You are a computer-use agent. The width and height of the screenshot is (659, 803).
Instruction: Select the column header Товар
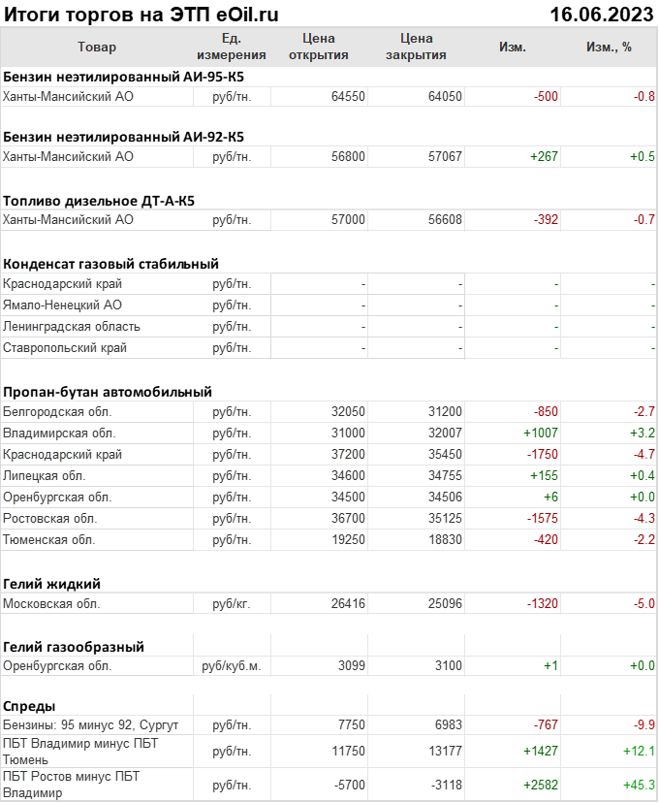click(96, 47)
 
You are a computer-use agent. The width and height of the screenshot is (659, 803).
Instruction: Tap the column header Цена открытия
click(319, 47)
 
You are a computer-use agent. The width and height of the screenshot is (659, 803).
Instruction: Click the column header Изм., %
click(609, 47)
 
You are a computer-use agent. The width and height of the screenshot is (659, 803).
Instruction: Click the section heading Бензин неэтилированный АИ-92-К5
click(124, 137)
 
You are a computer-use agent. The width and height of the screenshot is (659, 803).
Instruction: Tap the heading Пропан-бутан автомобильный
click(108, 392)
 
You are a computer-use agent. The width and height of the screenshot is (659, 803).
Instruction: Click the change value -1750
click(540, 455)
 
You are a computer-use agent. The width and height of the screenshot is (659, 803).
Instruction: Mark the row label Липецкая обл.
click(45, 476)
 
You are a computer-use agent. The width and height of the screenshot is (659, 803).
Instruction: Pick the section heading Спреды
click(29, 706)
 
